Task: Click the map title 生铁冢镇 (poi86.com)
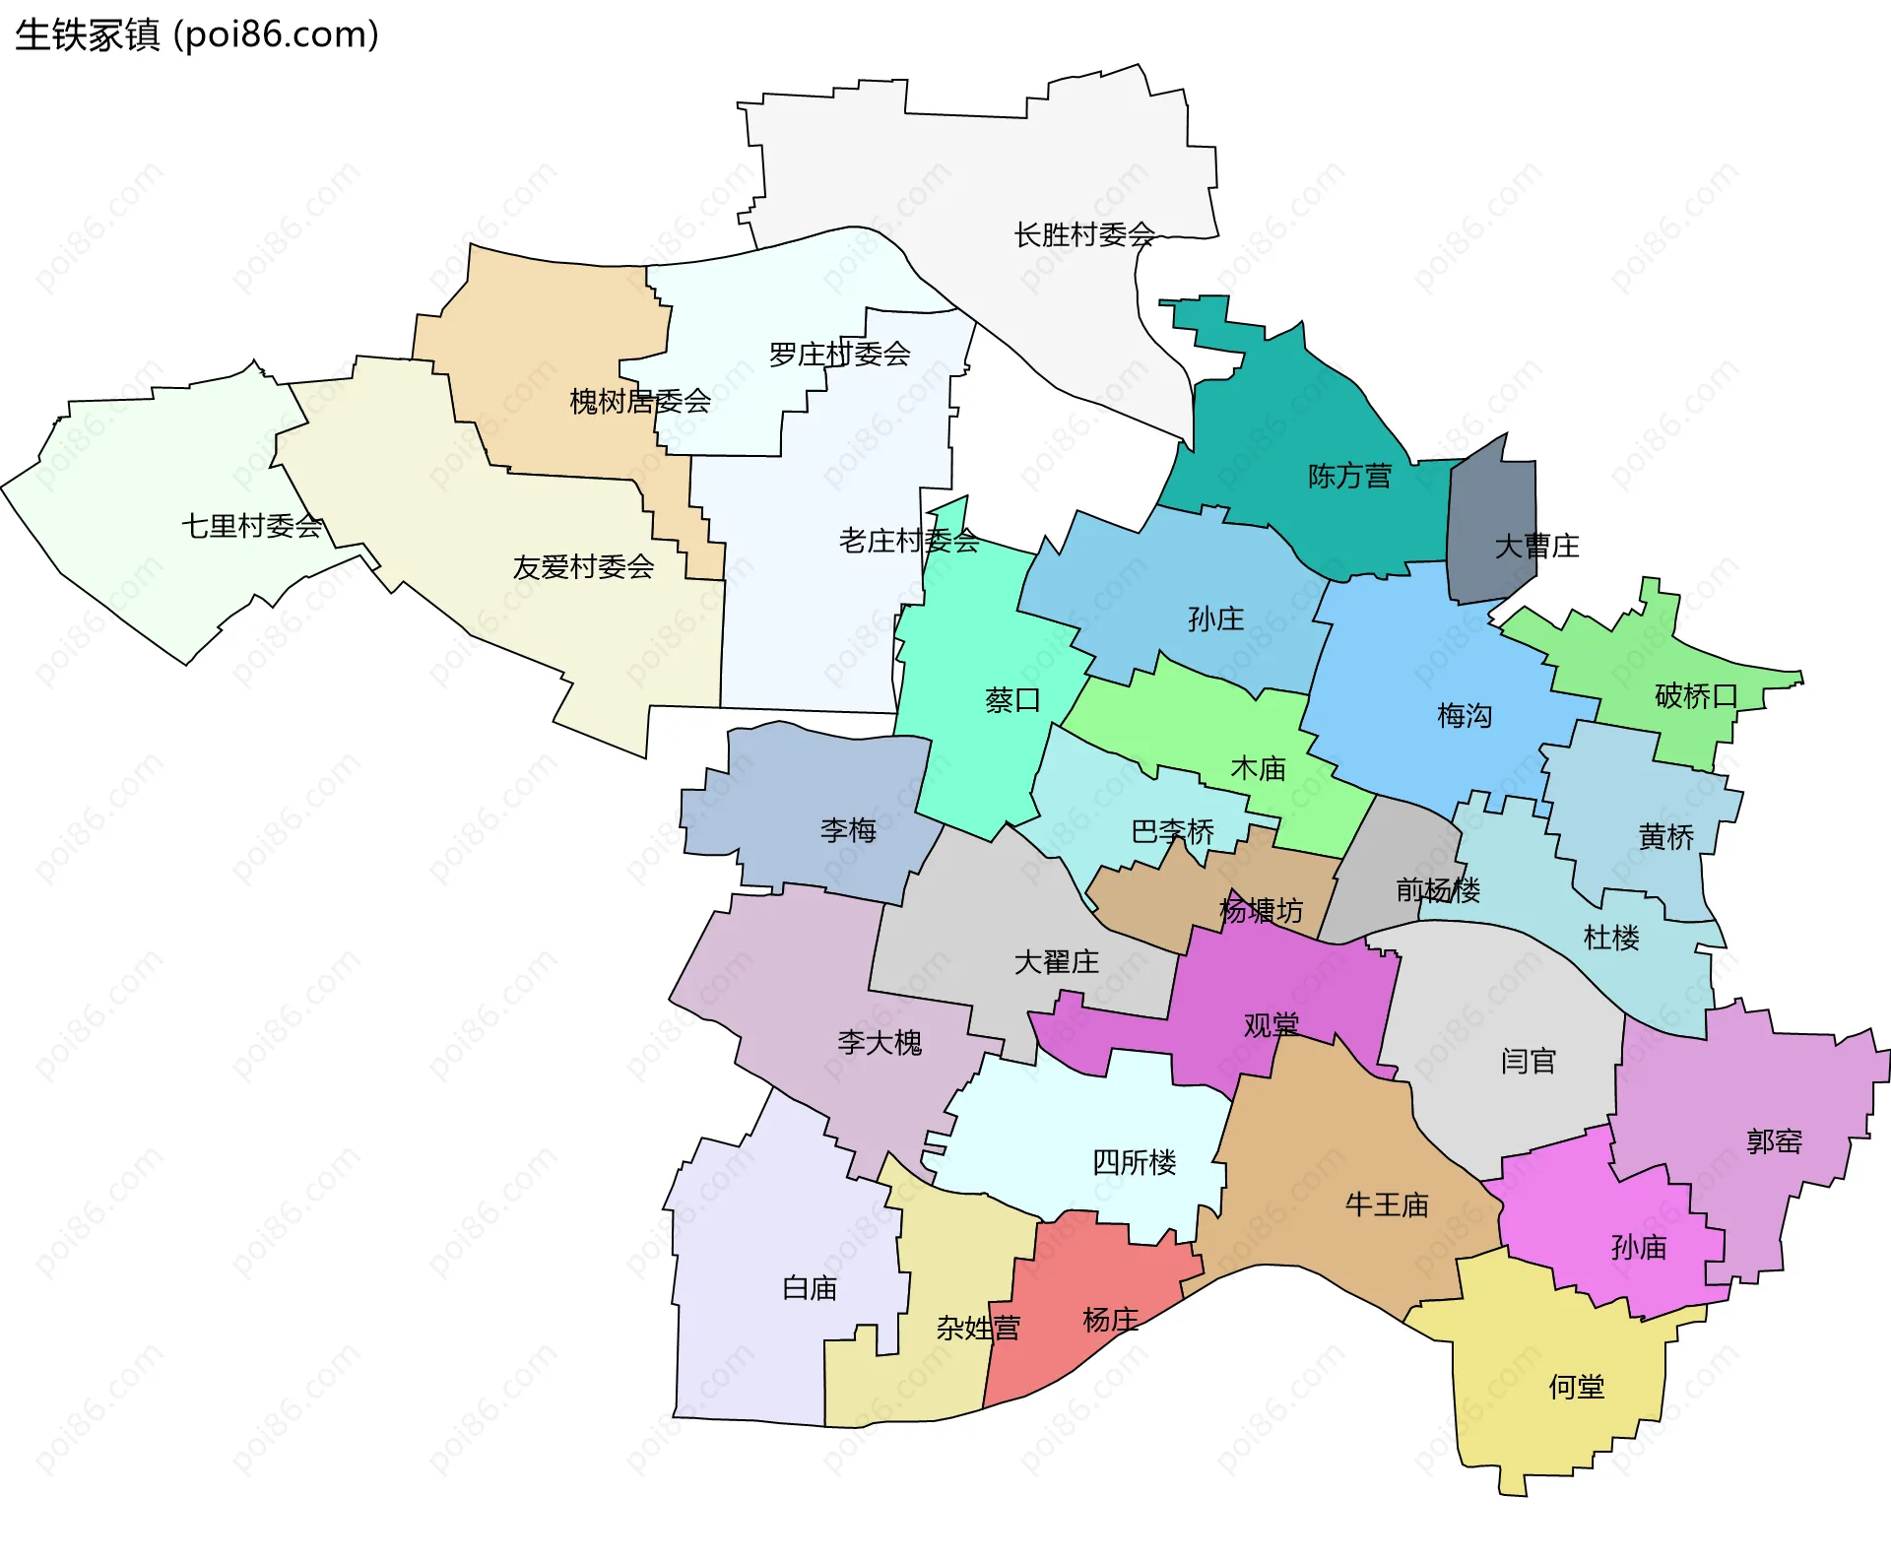tap(197, 35)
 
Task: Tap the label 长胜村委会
tap(1083, 234)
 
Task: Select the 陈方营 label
tap(1349, 477)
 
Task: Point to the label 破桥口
tap(1696, 696)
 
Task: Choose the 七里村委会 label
tap(252, 526)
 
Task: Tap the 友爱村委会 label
tap(583, 566)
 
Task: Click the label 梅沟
tap(1465, 715)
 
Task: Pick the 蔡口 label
tap(1012, 700)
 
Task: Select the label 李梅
tap(848, 830)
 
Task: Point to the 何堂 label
tap(1576, 1387)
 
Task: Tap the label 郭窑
tap(1774, 1141)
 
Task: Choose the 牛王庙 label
tap(1387, 1204)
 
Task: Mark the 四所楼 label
tap(1134, 1162)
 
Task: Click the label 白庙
tap(809, 1288)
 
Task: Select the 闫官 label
tap(1528, 1061)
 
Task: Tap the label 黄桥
tap(1665, 837)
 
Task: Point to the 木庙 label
tap(1258, 768)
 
